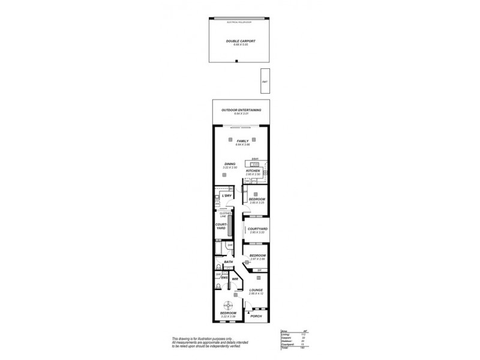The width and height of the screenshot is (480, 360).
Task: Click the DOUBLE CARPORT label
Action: (x=240, y=41)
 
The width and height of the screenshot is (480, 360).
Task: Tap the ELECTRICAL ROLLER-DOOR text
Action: (x=240, y=22)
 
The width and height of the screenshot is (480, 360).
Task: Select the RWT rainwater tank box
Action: (x=264, y=80)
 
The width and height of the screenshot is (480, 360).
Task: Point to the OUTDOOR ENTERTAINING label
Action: (x=241, y=110)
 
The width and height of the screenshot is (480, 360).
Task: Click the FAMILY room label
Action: (x=242, y=141)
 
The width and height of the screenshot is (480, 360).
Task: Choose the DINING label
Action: (x=229, y=163)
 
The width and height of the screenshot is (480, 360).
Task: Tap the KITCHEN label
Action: (x=252, y=171)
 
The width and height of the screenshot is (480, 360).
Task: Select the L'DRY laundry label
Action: (x=227, y=196)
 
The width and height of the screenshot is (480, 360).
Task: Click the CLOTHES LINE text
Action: (x=226, y=214)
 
